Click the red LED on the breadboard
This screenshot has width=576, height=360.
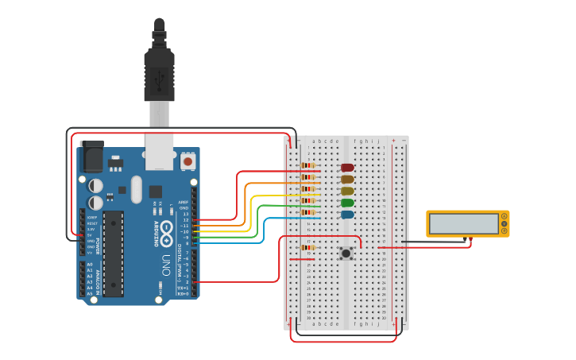tap(347, 168)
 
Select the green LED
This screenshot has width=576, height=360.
tap(347, 203)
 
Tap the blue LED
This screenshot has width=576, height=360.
tap(347, 215)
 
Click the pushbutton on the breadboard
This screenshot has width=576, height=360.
tap(346, 254)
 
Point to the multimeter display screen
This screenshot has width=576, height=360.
tap(462, 224)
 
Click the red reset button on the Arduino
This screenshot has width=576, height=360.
tap(188, 161)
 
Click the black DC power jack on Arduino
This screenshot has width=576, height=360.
tap(92, 155)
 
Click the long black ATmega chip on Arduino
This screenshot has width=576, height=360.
tap(114, 253)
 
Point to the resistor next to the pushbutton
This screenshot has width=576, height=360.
tap(307, 247)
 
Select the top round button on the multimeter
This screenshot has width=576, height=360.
tap(504, 216)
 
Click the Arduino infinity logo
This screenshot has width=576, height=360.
tap(167, 231)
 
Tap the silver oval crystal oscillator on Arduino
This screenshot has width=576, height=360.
tap(136, 189)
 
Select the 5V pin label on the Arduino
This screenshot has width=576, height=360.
tap(90, 234)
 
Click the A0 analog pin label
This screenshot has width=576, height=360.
tap(90, 264)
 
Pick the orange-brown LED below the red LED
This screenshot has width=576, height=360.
tap(347, 180)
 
